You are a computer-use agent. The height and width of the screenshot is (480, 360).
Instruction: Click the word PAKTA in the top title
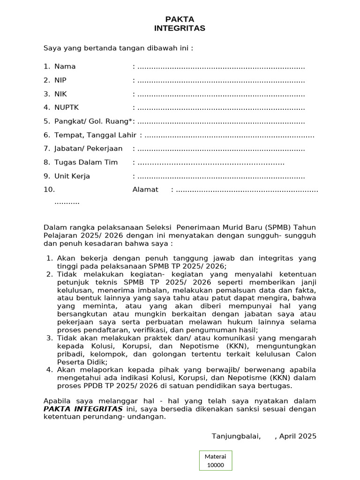coord(180,19)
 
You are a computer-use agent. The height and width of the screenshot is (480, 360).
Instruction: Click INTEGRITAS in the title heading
coord(180,29)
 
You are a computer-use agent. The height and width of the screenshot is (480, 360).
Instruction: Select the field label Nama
coord(65,67)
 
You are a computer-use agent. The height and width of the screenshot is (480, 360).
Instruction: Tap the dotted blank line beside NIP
coord(221,81)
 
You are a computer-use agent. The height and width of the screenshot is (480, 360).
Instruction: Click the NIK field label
coord(61,94)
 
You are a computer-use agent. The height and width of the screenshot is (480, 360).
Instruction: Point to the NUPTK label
coord(67,108)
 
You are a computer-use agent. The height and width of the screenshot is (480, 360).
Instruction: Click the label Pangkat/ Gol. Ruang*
coord(93,122)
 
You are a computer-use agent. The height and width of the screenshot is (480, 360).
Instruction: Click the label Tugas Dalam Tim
coord(86,163)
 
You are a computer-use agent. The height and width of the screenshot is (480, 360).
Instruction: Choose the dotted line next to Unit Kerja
coord(221,177)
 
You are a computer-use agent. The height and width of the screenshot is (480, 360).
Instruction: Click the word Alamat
coord(145,190)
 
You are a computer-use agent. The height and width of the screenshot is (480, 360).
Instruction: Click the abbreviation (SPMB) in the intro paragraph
coord(279,227)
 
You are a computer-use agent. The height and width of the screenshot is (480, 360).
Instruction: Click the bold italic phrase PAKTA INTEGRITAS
coord(83,409)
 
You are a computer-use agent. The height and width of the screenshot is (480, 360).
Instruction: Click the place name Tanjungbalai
coord(236,436)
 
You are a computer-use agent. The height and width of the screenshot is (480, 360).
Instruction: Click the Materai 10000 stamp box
coord(215,461)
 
